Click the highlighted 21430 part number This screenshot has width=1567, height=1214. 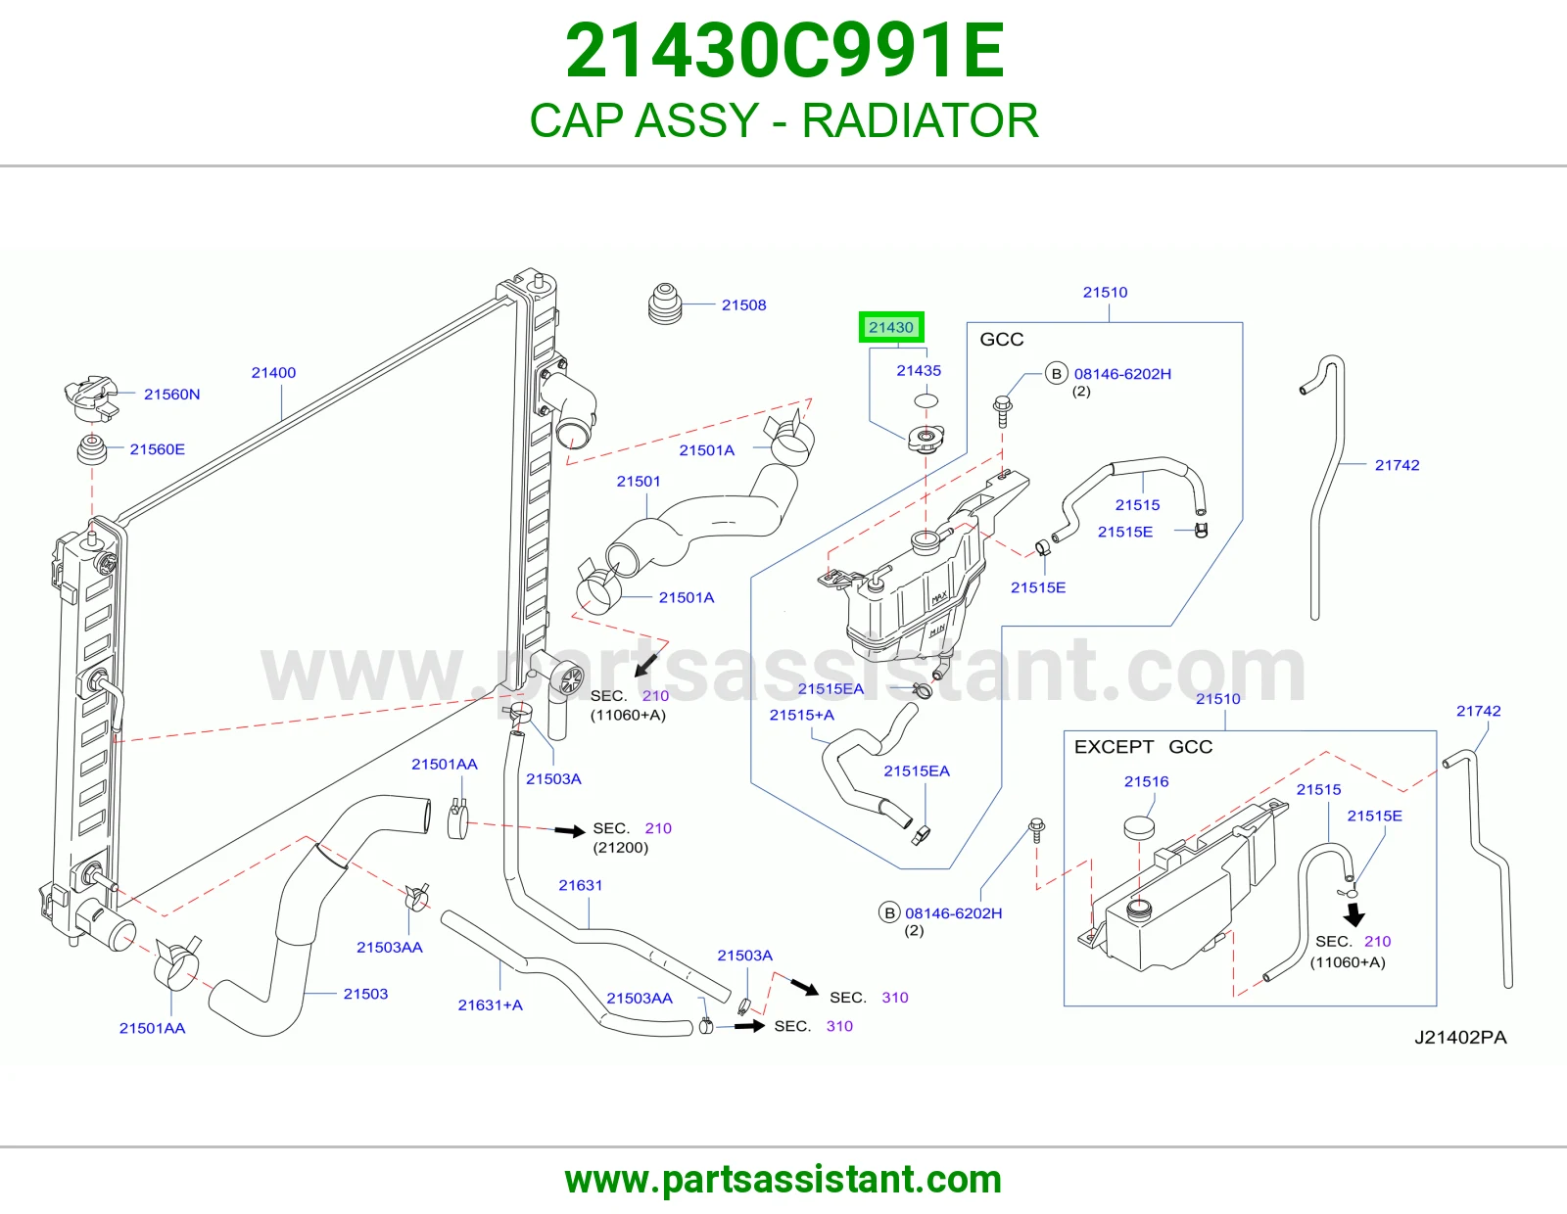coord(890,327)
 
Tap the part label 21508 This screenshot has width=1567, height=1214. coord(743,304)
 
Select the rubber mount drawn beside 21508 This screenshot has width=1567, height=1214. coord(664,303)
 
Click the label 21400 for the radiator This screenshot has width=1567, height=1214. coord(273,373)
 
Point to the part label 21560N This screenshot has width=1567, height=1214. coord(171,395)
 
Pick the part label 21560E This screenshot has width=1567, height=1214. coord(158,449)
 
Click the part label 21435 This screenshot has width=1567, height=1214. coord(918,370)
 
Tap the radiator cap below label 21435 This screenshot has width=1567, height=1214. coord(926,439)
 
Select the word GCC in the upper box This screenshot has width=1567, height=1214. coord(1001,340)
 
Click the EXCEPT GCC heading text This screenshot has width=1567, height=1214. coord(1143,747)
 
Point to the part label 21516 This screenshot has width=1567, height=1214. coord(1146,781)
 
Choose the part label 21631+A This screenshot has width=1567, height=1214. coord(490,1004)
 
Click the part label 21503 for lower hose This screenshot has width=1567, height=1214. coord(365,994)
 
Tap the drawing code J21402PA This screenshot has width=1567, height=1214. coord(1460,1038)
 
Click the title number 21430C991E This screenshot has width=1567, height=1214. coord(784,51)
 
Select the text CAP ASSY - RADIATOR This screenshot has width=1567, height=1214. coord(783,120)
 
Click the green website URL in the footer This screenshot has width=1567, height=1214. coord(783,1181)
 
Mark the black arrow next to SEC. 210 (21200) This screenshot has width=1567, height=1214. coord(570,831)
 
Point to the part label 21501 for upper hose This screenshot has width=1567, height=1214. coord(639,481)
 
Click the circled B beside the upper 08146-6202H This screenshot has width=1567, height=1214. coord(1057,373)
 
